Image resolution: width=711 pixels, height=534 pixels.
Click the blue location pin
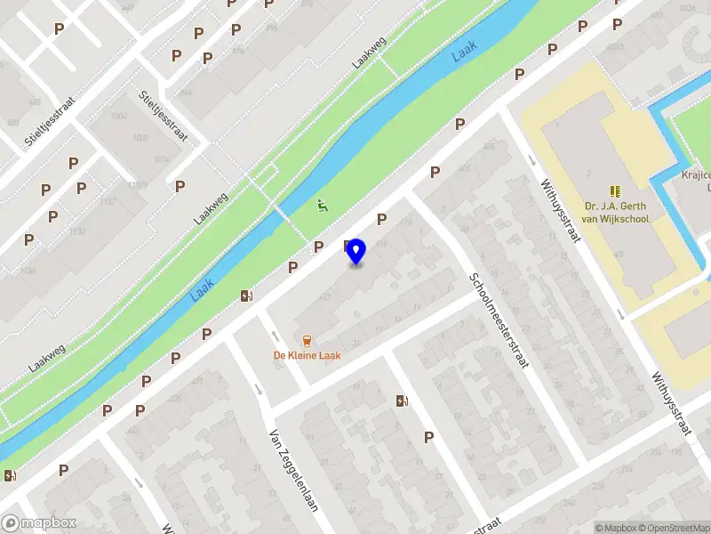tap(355, 251)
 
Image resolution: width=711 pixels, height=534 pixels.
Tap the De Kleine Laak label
tap(307, 355)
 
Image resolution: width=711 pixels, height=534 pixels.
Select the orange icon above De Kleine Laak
tap(307, 340)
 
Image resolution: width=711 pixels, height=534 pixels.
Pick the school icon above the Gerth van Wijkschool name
tap(614, 191)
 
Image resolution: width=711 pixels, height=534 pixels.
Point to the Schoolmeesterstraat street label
tap(499, 325)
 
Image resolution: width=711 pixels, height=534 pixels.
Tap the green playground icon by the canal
tap(322, 206)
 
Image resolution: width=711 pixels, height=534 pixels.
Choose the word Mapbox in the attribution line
tap(620, 528)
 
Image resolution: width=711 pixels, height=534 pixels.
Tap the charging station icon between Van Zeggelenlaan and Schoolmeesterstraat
tap(403, 401)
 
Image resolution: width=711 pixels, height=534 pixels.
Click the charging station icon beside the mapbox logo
tap(10, 476)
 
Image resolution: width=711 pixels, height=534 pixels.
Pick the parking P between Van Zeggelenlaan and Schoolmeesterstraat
tap(428, 437)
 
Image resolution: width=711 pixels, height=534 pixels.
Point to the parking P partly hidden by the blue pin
tap(347, 246)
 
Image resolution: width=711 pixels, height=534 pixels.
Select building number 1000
tap(140, 138)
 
